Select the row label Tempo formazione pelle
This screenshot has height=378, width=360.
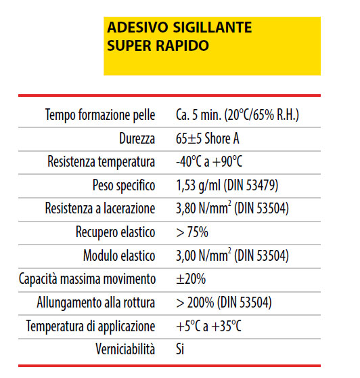pyautogui.click(x=100, y=115)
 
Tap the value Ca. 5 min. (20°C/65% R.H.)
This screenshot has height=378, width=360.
pyautogui.click(x=237, y=115)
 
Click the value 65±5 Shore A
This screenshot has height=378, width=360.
pyautogui.click(x=207, y=139)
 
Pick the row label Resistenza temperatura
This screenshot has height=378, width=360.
pyautogui.click(x=102, y=162)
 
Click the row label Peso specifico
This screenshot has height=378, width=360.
pyautogui.click(x=124, y=186)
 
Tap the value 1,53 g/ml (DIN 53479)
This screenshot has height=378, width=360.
pyautogui.click(x=227, y=186)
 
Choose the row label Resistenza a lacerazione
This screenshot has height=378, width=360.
pyautogui.click(x=100, y=209)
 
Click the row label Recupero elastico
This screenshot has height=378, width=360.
pyautogui.click(x=116, y=232)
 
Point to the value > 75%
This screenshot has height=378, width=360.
pyautogui.click(x=192, y=232)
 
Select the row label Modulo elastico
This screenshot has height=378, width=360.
pyautogui.click(x=119, y=256)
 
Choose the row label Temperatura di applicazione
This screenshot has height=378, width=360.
pyautogui.click(x=91, y=327)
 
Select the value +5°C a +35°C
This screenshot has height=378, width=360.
pyautogui.click(x=208, y=327)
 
